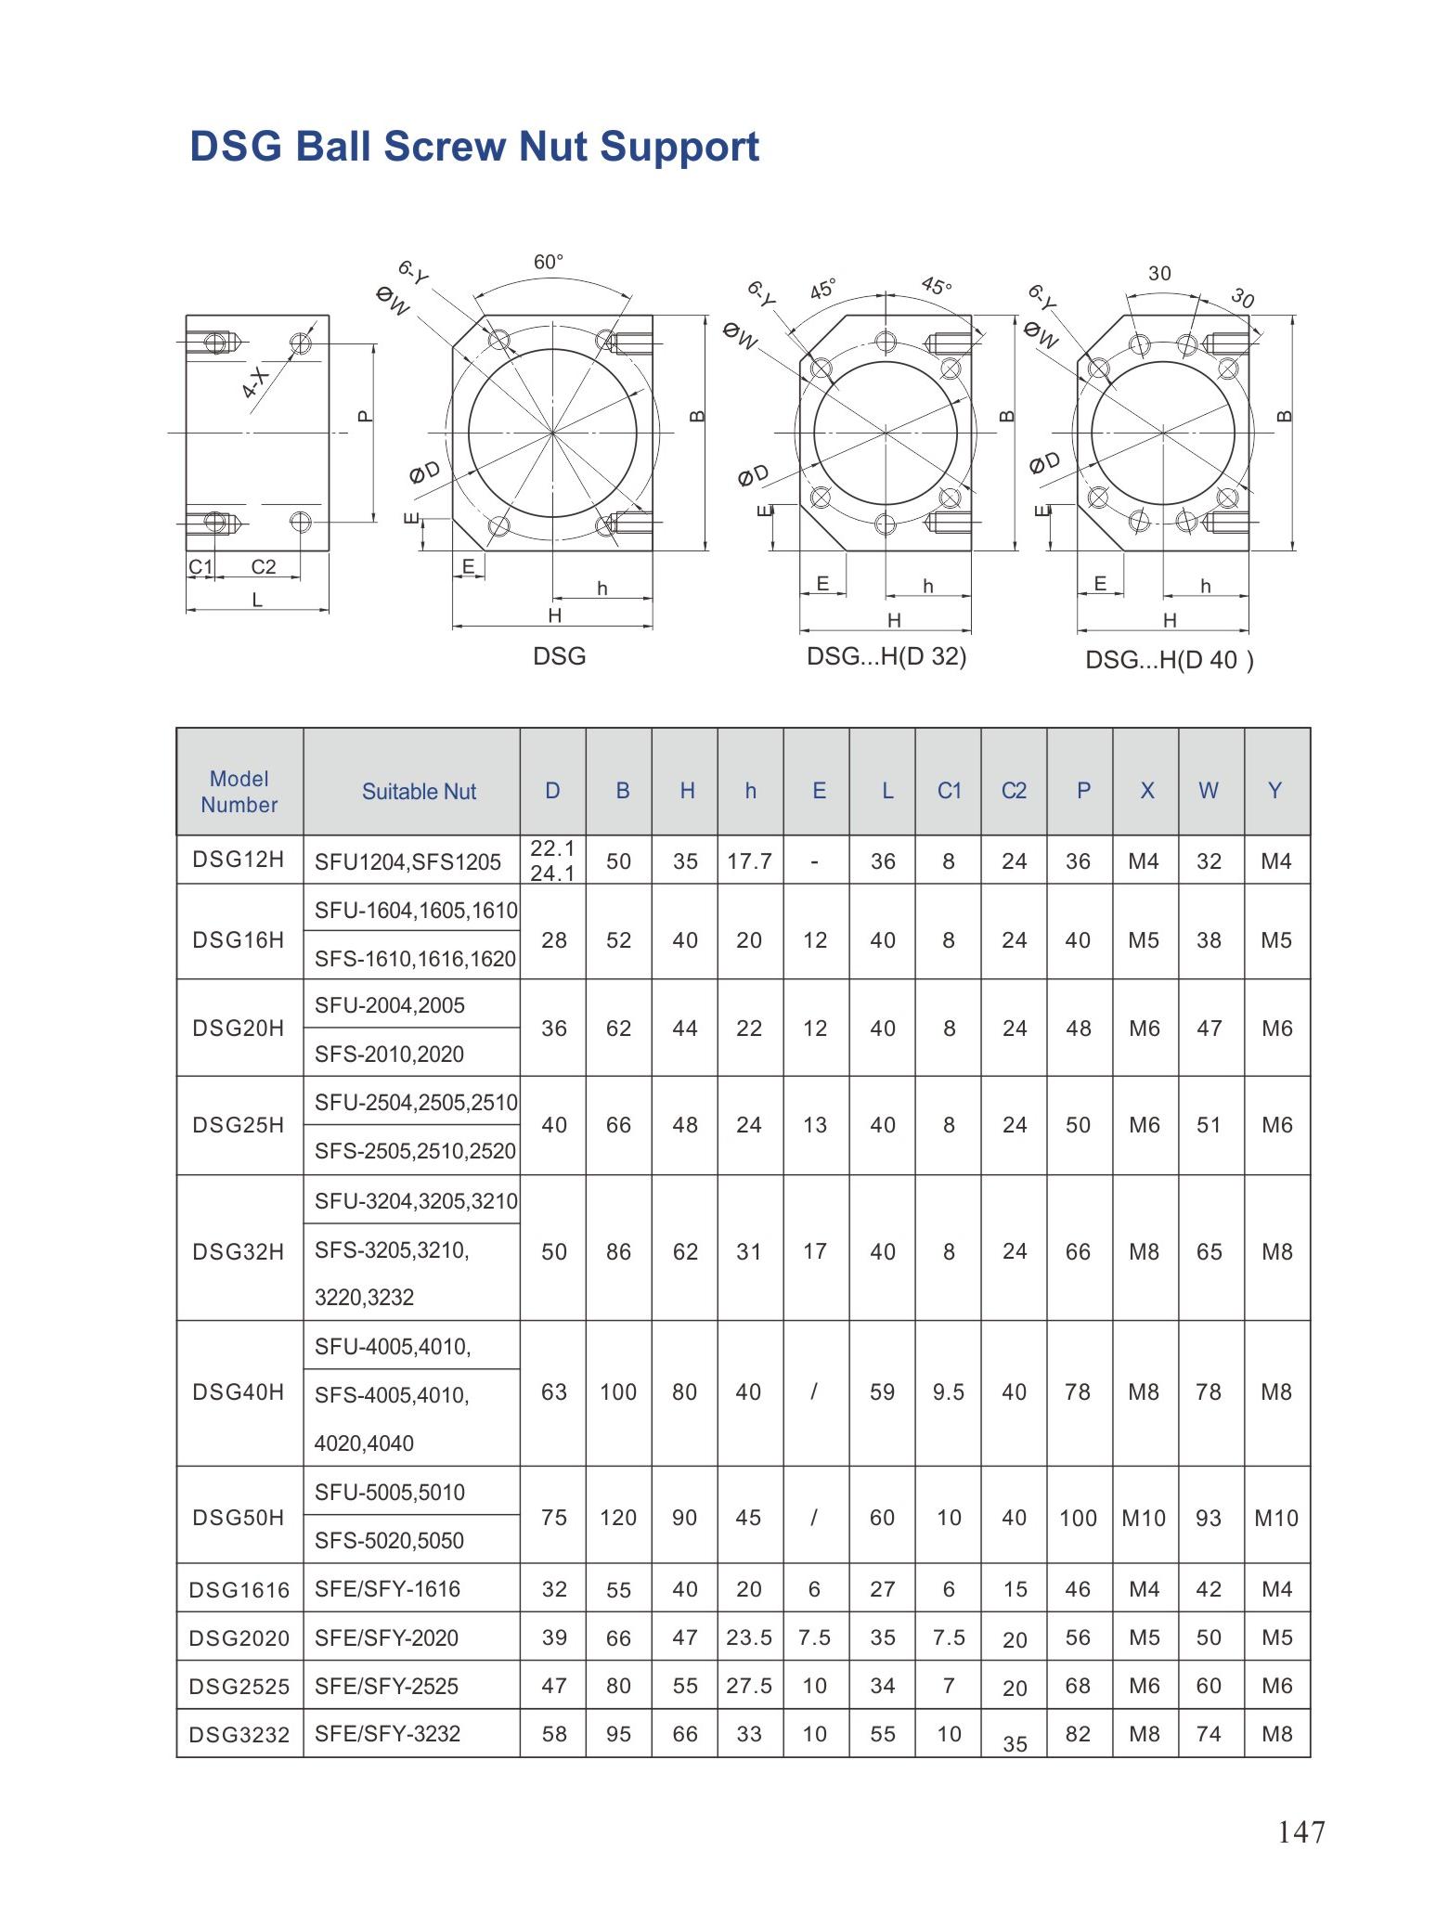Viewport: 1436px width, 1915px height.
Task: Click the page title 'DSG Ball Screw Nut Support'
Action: click(x=474, y=147)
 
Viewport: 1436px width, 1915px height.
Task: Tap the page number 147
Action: click(x=1301, y=1831)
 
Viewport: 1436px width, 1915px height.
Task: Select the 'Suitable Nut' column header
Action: click(x=419, y=792)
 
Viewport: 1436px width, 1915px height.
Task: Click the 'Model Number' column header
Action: click(x=239, y=792)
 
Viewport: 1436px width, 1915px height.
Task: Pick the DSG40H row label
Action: click(x=239, y=1392)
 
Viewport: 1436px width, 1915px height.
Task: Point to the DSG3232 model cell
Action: click(x=239, y=1735)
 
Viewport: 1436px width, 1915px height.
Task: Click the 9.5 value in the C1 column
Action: click(x=949, y=1392)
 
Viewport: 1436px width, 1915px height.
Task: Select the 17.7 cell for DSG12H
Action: click(x=749, y=861)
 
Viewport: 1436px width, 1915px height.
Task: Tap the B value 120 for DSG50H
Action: click(x=618, y=1518)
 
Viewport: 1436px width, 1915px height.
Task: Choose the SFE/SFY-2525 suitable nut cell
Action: click(x=387, y=1686)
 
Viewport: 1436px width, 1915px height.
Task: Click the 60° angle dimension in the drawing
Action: click(x=549, y=263)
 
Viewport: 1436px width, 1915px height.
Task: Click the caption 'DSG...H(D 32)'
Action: click(x=886, y=656)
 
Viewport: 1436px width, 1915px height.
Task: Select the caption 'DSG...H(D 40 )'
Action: click(x=1170, y=660)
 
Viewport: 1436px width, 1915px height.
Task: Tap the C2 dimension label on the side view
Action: click(x=264, y=566)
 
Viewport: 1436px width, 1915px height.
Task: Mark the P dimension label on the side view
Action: click(x=365, y=417)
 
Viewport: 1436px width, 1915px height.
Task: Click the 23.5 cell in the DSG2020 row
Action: click(x=749, y=1637)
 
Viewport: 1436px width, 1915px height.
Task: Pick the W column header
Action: click(x=1208, y=791)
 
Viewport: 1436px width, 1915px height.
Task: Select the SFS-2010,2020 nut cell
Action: click(x=390, y=1054)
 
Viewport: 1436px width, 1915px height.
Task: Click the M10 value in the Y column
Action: click(x=1276, y=1518)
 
